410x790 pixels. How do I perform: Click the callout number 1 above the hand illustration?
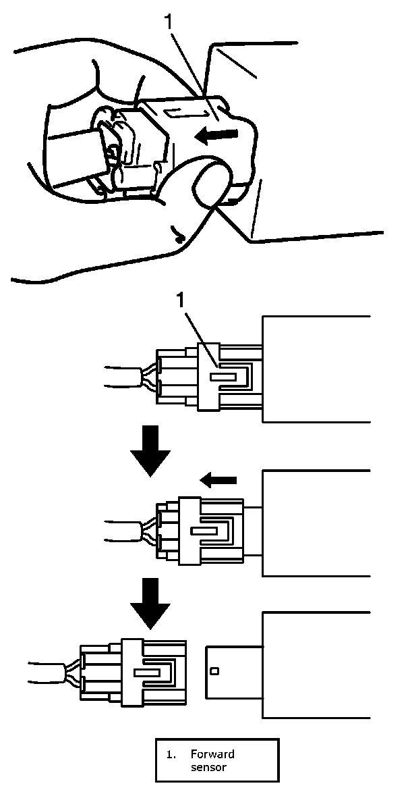pos(171,22)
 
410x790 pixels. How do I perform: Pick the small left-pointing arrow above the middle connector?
pos(220,480)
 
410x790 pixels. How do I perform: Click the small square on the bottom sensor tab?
pos(214,671)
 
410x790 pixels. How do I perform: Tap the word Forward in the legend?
pos(212,754)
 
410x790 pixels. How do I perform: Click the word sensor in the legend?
pos(208,767)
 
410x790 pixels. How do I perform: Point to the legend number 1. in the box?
pos(171,754)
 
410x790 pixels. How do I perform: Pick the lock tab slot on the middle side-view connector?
pos(204,531)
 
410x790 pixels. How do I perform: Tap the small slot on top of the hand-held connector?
pos(178,111)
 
